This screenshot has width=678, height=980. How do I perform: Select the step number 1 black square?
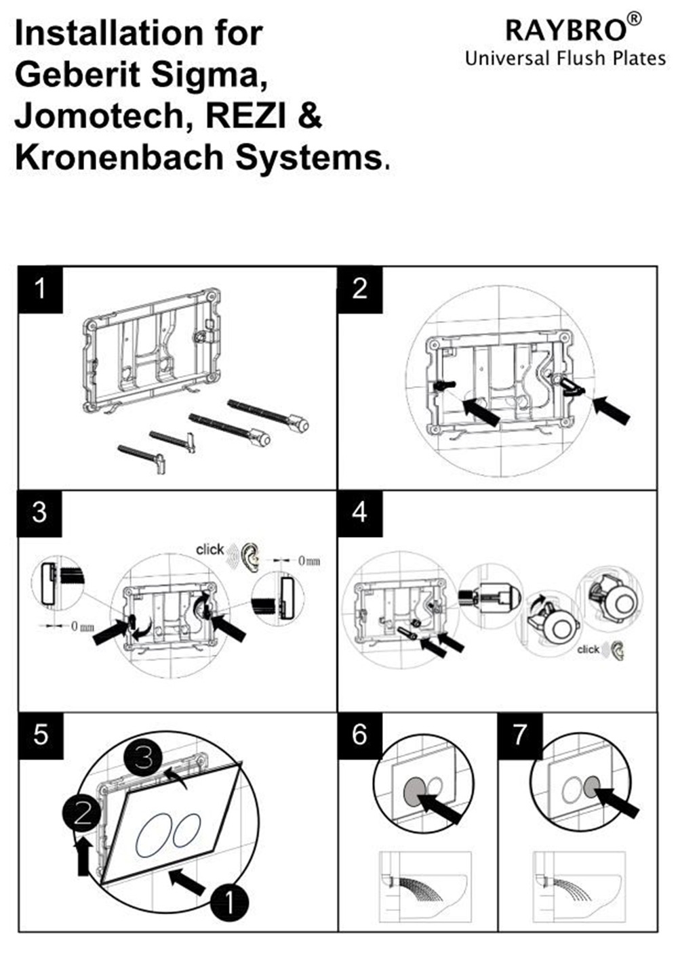point(40,289)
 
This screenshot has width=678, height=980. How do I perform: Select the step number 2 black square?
point(360,289)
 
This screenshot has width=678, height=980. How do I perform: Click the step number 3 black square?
point(40,513)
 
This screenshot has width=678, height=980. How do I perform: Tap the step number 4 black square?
point(360,513)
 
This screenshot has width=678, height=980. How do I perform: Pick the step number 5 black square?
point(40,735)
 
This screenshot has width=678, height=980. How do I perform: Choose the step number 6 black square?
point(360,735)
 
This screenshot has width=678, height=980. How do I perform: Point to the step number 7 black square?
point(520,735)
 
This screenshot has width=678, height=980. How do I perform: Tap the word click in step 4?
point(589,649)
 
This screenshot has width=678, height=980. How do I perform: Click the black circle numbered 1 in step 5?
point(229,902)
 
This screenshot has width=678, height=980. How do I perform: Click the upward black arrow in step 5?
point(84,856)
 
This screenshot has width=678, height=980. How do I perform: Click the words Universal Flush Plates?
point(565,59)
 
